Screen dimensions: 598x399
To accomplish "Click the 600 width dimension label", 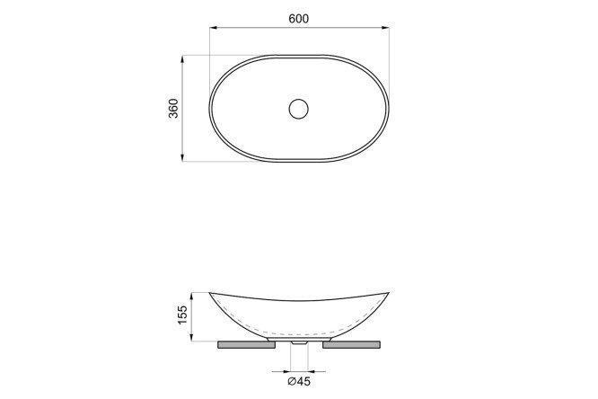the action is (299, 19).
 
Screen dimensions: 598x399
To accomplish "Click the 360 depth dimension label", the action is (173, 109).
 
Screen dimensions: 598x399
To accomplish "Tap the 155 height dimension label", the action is (182, 315).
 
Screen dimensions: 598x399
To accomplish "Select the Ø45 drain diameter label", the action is (299, 381).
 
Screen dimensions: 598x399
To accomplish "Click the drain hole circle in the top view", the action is (299, 99).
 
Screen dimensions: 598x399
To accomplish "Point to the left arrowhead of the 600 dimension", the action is (213, 28).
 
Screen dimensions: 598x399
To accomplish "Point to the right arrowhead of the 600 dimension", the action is (385, 28).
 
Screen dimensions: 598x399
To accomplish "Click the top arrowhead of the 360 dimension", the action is (182, 59).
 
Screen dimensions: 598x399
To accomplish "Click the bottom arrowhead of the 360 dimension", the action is (182, 157).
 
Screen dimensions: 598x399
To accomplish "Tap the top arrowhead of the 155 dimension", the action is (191, 297).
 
